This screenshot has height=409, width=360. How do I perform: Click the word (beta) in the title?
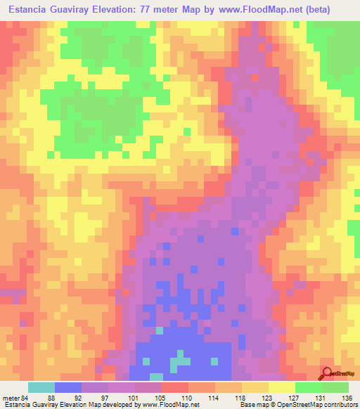click(333, 10)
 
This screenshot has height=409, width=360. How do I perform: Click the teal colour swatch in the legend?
click(41, 387)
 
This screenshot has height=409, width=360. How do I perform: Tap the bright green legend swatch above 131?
click(309, 387)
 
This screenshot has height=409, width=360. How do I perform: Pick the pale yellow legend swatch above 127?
click(282, 387)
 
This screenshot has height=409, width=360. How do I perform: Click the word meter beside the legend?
click(11, 397)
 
